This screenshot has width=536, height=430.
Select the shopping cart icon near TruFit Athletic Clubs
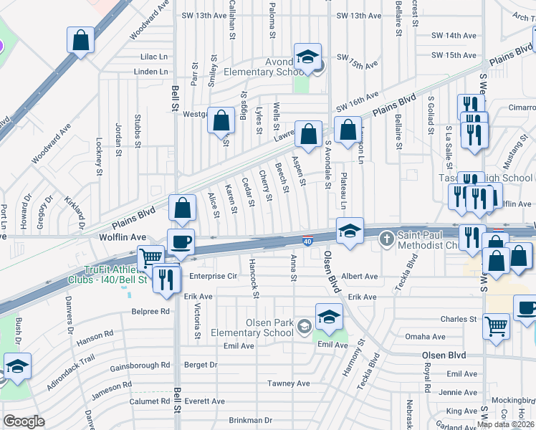150,257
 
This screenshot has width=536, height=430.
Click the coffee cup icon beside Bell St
181,241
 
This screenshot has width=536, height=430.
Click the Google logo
24,421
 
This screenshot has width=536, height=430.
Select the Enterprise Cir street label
214,276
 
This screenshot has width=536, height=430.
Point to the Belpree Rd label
150,312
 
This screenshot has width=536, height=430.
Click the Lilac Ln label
154,56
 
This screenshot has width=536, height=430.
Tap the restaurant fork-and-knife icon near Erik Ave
166,278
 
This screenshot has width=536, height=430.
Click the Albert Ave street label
360,276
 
